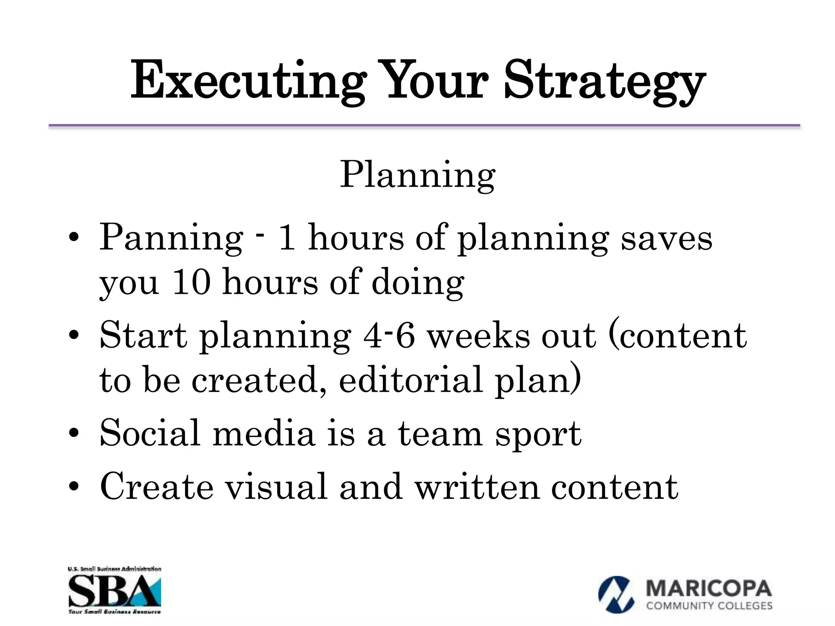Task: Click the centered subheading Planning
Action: tap(417, 175)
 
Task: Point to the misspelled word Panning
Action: tap(171, 238)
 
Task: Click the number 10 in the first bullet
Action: tap(192, 282)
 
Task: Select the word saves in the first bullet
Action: tap(666, 238)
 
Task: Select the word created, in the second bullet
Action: tap(259, 380)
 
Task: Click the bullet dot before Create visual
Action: tap(74, 487)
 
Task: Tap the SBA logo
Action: tap(115, 590)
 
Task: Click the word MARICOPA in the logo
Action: tap(709, 589)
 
